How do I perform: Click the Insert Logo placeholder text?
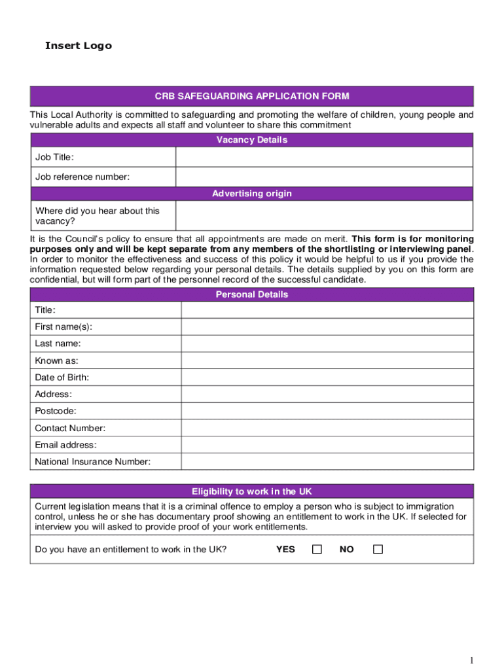[x=78, y=46]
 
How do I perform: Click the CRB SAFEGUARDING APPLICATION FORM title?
[x=252, y=96]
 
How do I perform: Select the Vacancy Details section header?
[x=252, y=140]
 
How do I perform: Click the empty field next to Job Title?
[x=324, y=157]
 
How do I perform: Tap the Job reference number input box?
[x=324, y=177]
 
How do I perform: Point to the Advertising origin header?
[x=252, y=194]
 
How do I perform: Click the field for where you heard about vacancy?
[x=324, y=215]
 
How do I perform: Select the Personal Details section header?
[x=252, y=294]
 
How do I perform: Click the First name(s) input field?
[x=327, y=326]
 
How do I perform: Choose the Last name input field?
[x=327, y=344]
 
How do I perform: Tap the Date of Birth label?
[x=62, y=378]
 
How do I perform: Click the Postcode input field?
[x=327, y=411]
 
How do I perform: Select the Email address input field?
[x=327, y=445]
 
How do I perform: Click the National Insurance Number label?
[x=92, y=462]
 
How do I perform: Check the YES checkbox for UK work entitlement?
[x=317, y=550]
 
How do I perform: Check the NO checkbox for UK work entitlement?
[x=378, y=550]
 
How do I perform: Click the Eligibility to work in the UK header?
[x=252, y=491]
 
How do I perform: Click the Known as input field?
[x=327, y=361]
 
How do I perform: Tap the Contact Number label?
[x=70, y=428]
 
